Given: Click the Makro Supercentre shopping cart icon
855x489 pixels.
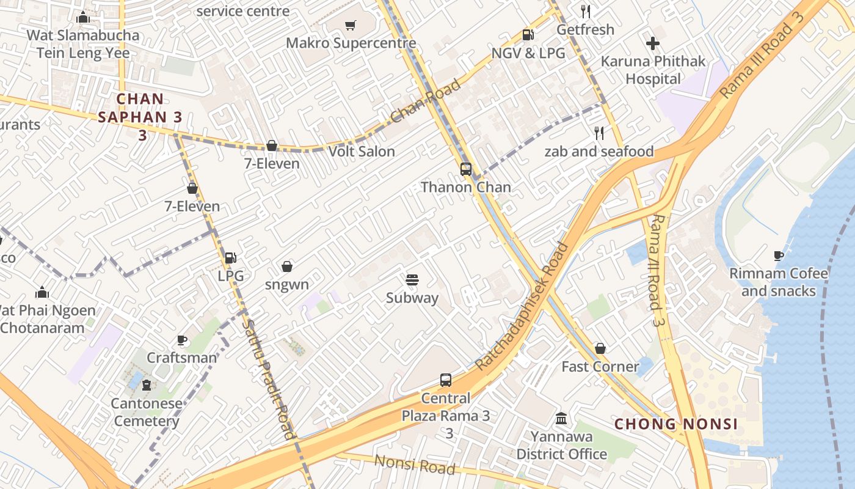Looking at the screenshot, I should pos(350,26).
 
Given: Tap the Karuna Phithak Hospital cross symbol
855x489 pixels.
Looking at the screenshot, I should pos(653,43).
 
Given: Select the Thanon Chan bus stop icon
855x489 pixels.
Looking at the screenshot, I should pos(466,169).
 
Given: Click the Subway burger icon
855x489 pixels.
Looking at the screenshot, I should pos(412,280).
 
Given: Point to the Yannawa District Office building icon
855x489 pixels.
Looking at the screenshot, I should pos(561,419).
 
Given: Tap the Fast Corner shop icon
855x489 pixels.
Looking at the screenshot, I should pos(600,348).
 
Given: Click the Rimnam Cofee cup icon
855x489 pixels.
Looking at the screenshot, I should pos(779,256).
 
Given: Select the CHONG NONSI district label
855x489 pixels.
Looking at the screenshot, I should pos(676,424).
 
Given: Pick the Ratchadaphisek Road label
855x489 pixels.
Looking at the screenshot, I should pos(522,306).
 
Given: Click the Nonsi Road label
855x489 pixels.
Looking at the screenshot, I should pos(415,465).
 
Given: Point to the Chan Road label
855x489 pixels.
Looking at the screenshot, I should pos(426,101).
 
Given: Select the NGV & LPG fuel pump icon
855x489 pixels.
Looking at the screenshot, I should pos(528,35).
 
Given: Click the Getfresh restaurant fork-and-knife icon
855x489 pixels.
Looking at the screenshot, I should pos(586,11).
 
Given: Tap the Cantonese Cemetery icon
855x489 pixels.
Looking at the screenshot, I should pos(147,385).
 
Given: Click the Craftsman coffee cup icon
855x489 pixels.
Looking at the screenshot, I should pos(181,340).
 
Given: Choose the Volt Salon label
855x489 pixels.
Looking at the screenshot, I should pos(362,151).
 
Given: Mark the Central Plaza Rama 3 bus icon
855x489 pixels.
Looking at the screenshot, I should pos(446,380).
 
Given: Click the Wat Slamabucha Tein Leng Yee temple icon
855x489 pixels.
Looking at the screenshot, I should pos(83,17).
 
